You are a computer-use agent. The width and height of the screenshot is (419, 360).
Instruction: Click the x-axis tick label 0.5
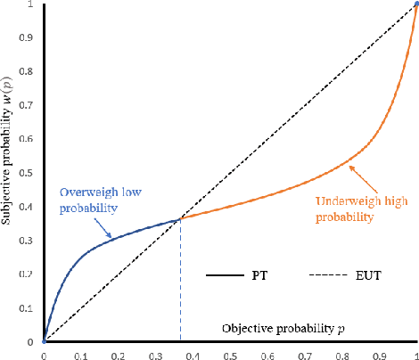pyautogui.click(x=230, y=354)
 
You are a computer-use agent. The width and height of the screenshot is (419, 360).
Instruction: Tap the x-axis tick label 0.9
pyautogui.click(x=379, y=354)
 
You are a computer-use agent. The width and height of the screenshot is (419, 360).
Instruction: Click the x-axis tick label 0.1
pyautogui.click(x=81, y=354)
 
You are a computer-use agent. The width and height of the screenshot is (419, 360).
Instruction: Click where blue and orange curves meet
pyautogui.click(x=181, y=218)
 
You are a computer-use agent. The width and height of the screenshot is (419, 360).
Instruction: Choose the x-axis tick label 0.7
pyautogui.click(x=305, y=354)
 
